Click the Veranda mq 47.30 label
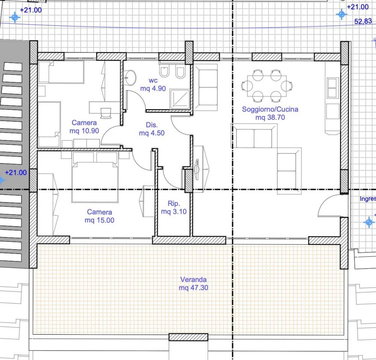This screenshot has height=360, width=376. click(x=193, y=284)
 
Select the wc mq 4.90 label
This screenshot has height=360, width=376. click(x=153, y=85)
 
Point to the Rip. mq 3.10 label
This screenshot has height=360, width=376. click(x=174, y=207)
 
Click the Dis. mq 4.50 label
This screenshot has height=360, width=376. click(x=152, y=129)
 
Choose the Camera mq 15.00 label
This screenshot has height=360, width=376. click(x=99, y=216)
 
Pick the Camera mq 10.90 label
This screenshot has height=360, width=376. click(x=84, y=127)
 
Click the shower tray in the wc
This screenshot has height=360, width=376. click(x=180, y=98)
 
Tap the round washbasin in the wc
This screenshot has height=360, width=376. click(x=130, y=77)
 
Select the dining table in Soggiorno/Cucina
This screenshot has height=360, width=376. click(x=267, y=86)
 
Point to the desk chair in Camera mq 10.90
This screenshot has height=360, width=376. click(x=106, y=113)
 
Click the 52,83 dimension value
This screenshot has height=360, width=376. click(x=363, y=21)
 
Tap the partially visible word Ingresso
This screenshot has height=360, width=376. click(x=368, y=199)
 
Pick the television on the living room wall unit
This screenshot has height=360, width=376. click(x=197, y=169)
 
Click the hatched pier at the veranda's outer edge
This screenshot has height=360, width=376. click(x=188, y=337)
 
